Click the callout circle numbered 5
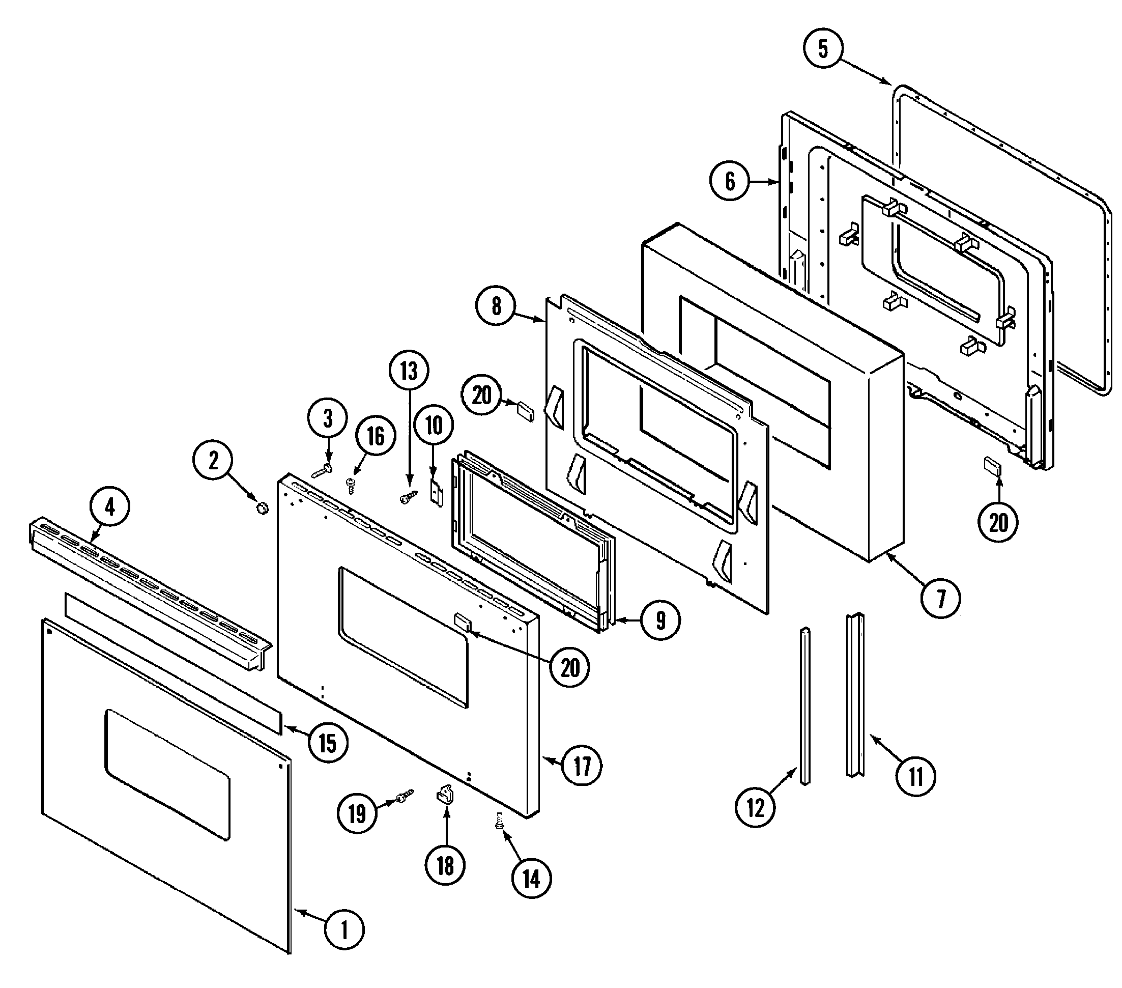[823, 49]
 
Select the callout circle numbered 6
[730, 181]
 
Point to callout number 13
[409, 371]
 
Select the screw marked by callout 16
[350, 484]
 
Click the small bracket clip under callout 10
[436, 493]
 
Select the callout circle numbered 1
[344, 930]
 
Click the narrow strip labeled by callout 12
[804, 705]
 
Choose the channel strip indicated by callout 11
[855, 695]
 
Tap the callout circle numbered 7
[941, 598]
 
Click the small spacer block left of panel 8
[525, 411]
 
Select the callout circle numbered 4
[110, 507]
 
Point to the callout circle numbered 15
[328, 744]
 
